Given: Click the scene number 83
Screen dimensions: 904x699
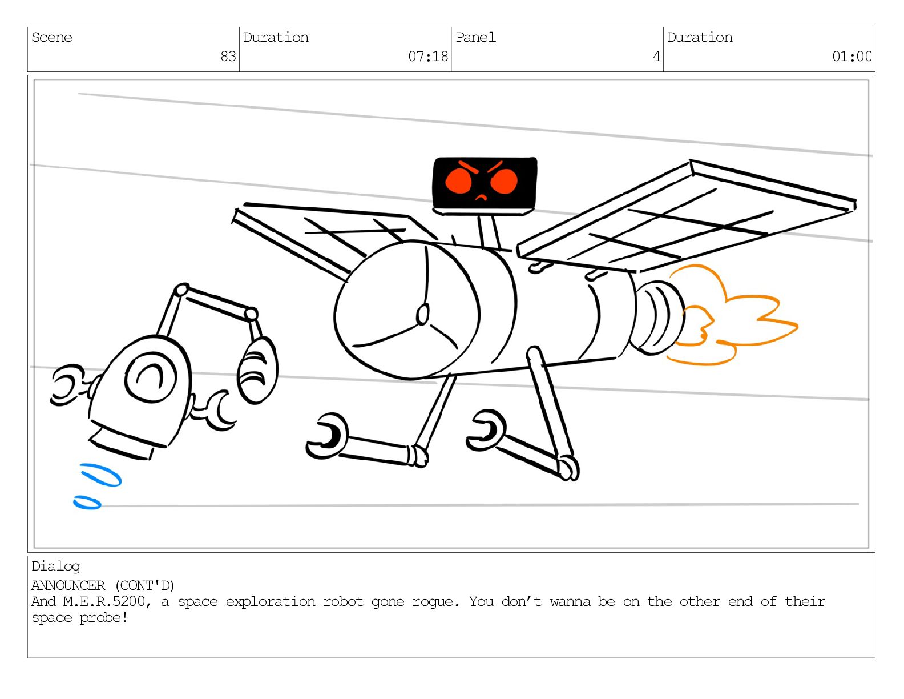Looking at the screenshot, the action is point(228,57).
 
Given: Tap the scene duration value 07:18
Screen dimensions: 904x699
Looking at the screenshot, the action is point(428,57).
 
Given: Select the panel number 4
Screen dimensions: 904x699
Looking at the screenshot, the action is point(656,57).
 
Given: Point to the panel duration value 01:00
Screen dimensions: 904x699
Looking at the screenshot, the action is point(851,57).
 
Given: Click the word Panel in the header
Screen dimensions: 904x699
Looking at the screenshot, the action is point(475,38).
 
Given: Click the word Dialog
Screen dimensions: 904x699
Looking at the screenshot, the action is point(56,567).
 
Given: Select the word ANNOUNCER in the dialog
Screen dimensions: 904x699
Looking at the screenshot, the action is point(68,586).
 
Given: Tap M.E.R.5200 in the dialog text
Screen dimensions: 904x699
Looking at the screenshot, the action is point(104,602).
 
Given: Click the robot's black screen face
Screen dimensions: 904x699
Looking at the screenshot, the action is point(485,183).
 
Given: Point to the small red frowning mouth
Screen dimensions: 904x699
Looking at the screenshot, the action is point(482,198).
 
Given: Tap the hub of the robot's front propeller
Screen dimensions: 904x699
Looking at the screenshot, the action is point(423,314).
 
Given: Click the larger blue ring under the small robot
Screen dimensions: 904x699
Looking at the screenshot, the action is point(100,475).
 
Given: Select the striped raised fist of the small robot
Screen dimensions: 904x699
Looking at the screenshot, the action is point(257,370).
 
